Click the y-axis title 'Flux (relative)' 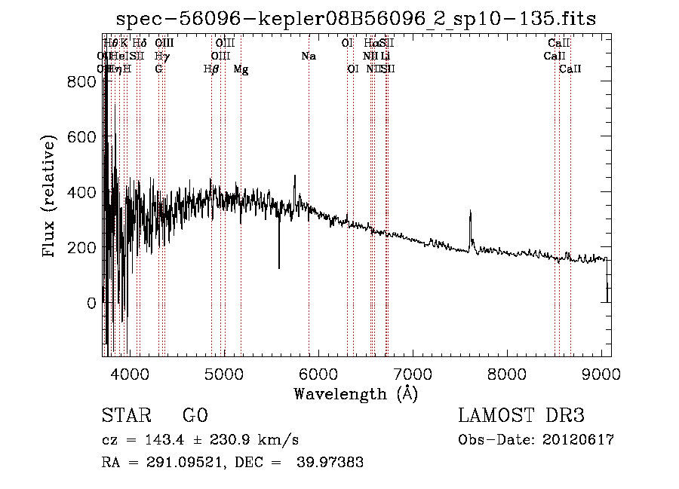[x=50, y=197]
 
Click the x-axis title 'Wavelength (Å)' [x=355, y=393]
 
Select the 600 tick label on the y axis [x=81, y=137]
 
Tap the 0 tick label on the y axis [x=91, y=303]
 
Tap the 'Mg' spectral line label [x=241, y=69]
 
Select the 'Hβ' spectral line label [x=211, y=69]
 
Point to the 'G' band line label [x=158, y=69]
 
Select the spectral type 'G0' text [x=195, y=416]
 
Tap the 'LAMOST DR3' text [x=521, y=416]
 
